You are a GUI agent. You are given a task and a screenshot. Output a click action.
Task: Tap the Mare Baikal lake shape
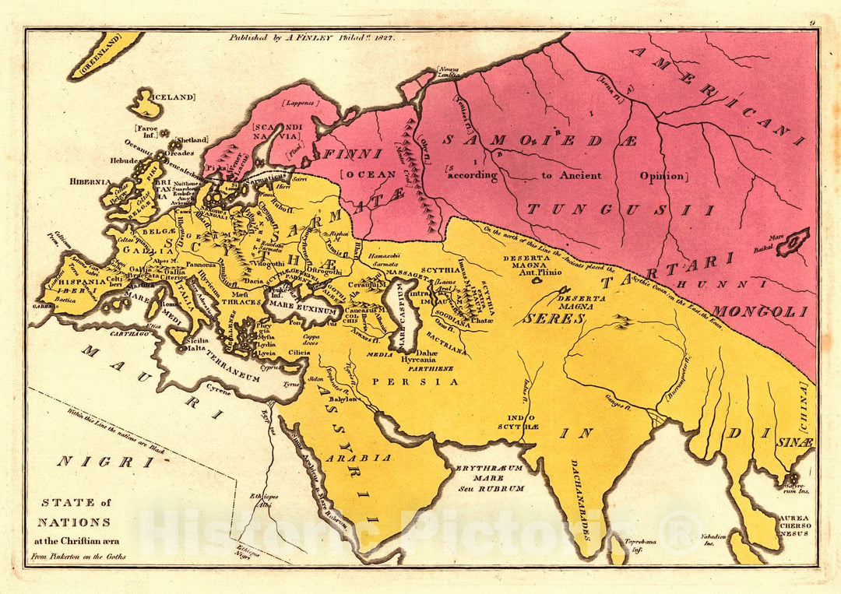point(793,242)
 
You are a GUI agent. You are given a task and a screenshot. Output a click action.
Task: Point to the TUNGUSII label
point(620,209)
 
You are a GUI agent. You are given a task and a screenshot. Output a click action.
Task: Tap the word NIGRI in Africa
point(94,462)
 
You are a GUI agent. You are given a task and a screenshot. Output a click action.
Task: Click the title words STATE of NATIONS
point(76,511)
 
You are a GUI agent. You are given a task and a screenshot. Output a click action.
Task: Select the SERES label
point(543,318)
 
